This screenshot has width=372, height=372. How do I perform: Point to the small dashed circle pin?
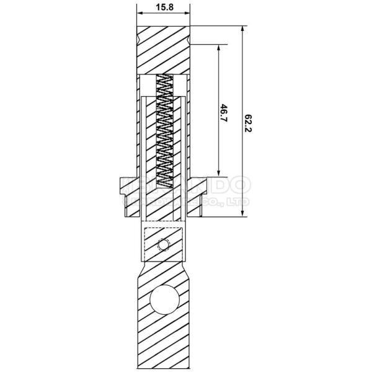(x=163, y=246)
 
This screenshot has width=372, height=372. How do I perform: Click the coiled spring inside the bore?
(x=164, y=130)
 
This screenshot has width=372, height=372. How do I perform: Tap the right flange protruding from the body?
(x=199, y=187)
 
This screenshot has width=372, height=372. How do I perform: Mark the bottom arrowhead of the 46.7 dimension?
(x=219, y=174)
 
